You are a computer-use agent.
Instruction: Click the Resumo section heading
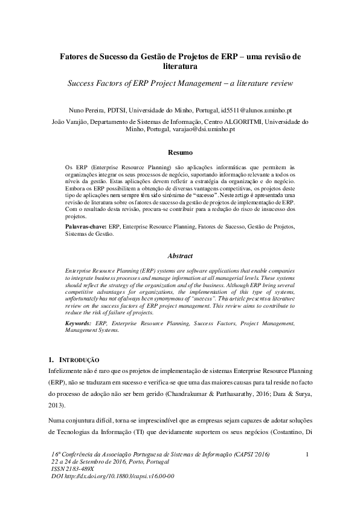click(180, 153)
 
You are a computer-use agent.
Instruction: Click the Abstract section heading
click(180, 256)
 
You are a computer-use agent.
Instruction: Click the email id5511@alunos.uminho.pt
click(256, 111)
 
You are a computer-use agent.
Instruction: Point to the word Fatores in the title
click(74, 56)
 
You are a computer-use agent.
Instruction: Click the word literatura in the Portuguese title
click(180, 66)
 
